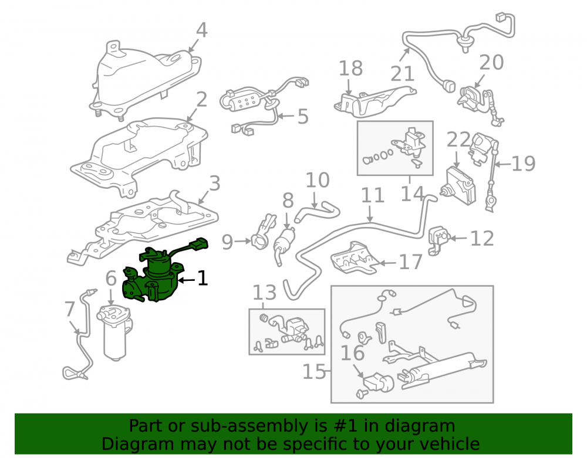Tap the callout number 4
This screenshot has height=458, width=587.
click(x=202, y=30)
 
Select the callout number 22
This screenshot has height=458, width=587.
click(x=458, y=140)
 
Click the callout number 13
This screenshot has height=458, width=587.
click(x=265, y=293)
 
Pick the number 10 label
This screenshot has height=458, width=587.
click(x=318, y=180)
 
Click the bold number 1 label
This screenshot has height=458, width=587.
click(x=203, y=278)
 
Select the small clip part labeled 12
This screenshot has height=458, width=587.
click(x=438, y=240)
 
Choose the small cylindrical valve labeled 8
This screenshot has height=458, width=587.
click(x=285, y=242)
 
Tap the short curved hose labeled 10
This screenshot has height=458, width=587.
click(x=317, y=211)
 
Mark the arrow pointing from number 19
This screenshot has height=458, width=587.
click(x=502, y=164)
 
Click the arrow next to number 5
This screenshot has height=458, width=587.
click(x=286, y=116)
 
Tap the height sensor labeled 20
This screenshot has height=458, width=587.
click(x=481, y=105)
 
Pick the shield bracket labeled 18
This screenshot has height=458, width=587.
click(x=375, y=101)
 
